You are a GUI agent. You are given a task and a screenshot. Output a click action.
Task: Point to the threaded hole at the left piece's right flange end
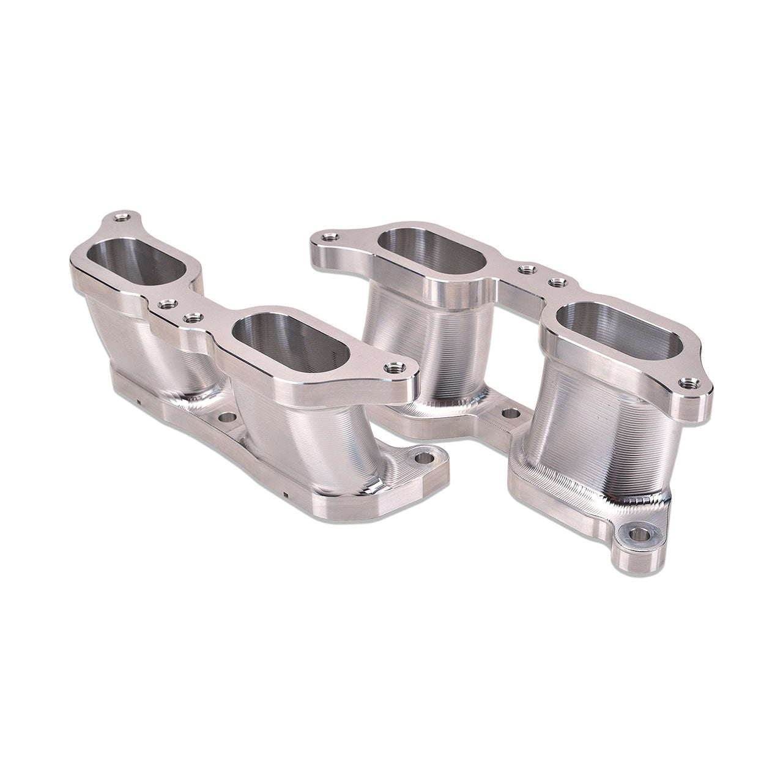click(391, 367)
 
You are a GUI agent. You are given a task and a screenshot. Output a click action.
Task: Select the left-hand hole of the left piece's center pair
click(163, 303)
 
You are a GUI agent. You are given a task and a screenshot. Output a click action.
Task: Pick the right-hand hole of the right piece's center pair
click(557, 282)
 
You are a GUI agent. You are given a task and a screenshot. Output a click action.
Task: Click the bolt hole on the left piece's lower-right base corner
click(421, 456)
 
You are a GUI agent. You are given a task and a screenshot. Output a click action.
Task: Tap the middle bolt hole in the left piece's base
click(226, 419)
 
